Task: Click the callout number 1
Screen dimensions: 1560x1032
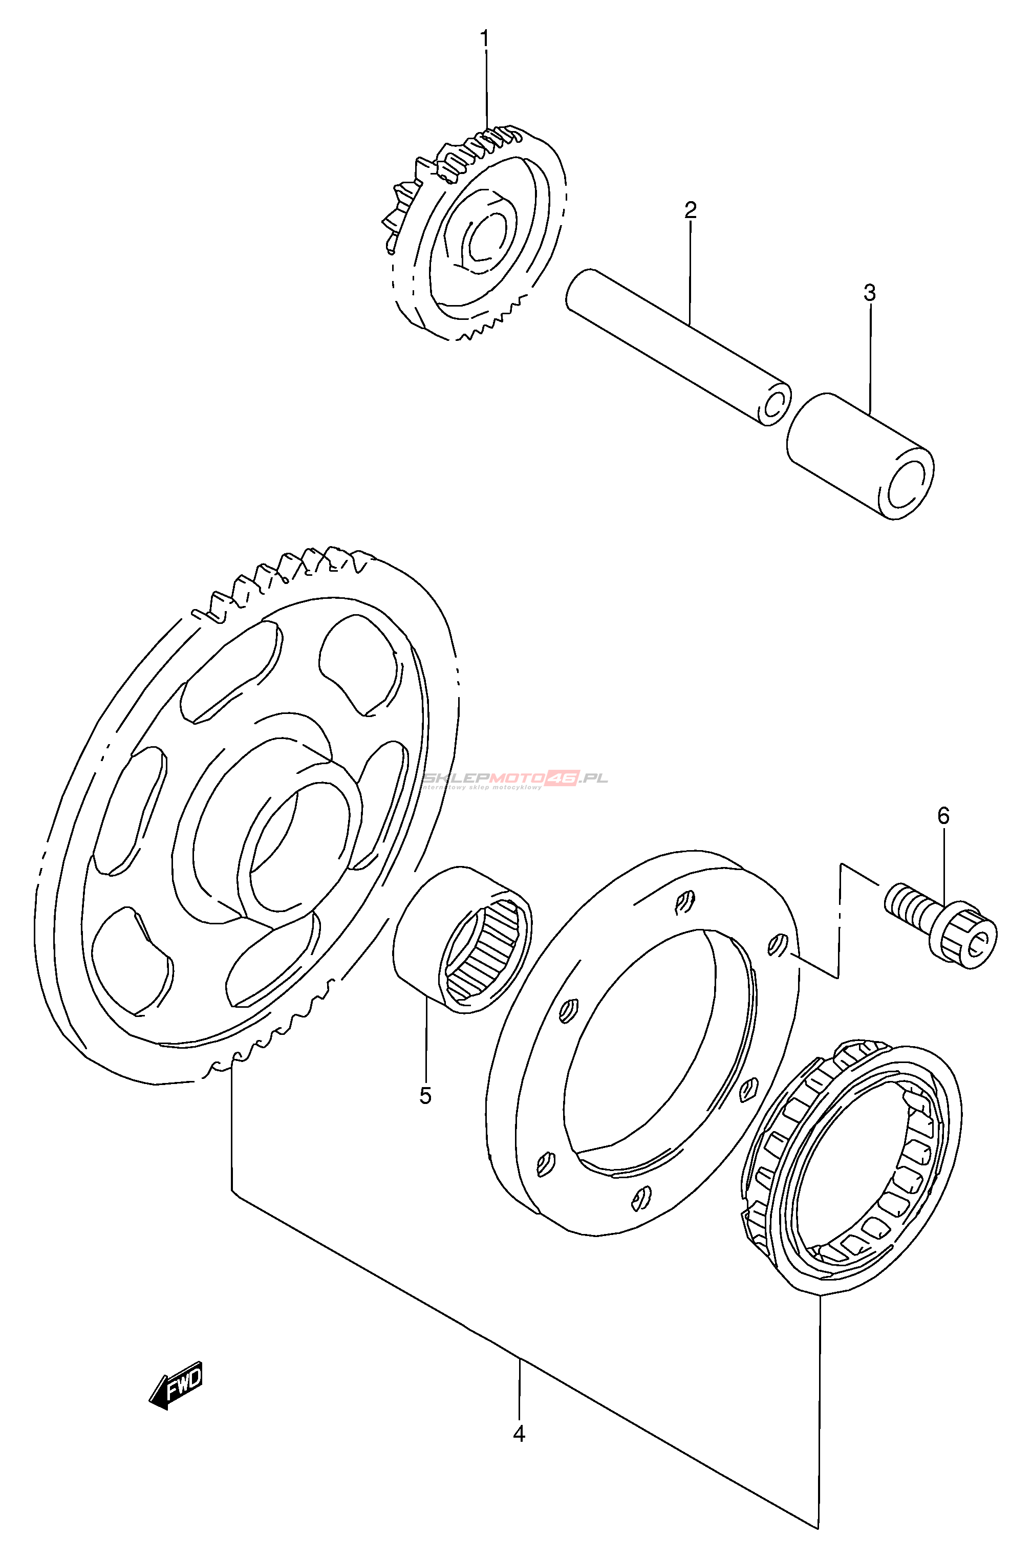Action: pos(485,40)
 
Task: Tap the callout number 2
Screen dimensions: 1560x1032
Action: pos(690,210)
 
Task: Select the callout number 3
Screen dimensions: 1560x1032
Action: pos(869,293)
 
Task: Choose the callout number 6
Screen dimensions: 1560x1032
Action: pos(943,816)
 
